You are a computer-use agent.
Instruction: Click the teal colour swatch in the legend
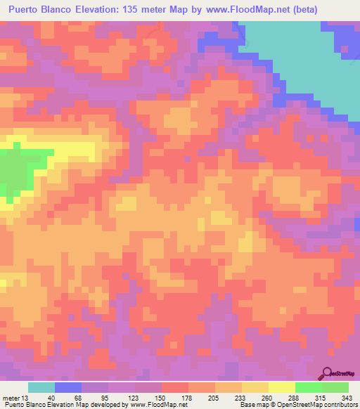click(41, 387)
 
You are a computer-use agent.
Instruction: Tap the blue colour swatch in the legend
click(68, 387)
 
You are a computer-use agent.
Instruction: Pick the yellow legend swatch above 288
click(282, 387)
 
